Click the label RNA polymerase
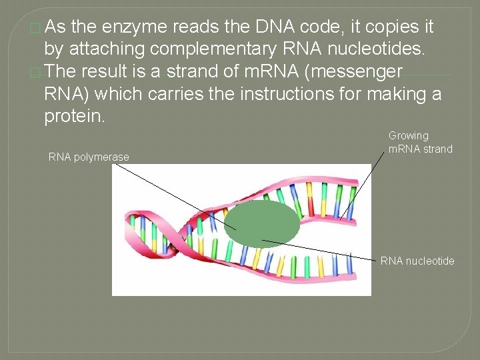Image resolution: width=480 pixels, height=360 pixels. coord(89,157)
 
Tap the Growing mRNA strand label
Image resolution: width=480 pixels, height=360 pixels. coord(420,142)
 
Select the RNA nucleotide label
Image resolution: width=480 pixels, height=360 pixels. coord(417,261)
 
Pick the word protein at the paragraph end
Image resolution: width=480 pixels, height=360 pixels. coord(73,116)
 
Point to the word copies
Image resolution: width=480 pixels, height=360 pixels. coord(387,27)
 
